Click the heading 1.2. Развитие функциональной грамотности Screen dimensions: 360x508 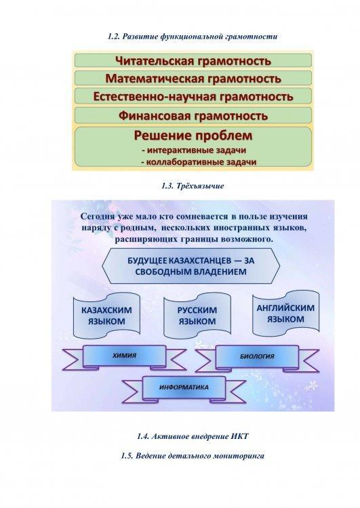193,37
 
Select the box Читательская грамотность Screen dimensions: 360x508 193,60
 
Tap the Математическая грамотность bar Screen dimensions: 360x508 193,79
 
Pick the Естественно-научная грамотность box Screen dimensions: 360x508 193,96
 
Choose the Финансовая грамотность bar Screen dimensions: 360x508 193,115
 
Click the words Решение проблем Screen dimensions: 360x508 193,135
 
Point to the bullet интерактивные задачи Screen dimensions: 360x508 194,150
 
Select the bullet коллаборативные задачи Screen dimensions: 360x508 199,162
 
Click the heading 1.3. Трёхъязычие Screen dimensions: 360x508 193,186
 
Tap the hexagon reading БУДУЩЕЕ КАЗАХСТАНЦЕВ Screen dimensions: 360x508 191,266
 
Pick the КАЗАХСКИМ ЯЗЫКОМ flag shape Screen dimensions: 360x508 106,315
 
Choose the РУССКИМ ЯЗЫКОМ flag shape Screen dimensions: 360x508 197,315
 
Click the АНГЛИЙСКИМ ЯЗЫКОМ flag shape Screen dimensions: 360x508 285,313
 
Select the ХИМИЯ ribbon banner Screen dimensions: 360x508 125,356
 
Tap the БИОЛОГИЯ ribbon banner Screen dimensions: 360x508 257,357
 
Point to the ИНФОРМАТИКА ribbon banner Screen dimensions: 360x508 184,388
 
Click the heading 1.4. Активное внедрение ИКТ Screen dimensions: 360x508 193,436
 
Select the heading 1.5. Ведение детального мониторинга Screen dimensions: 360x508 193,456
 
